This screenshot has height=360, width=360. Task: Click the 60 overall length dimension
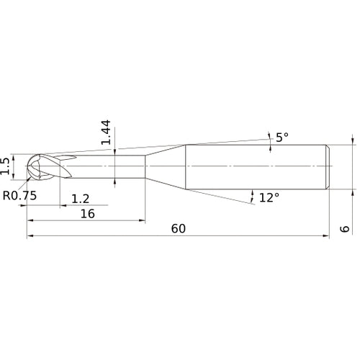click(x=179, y=228)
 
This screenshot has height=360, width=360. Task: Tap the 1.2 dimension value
click(x=81, y=197)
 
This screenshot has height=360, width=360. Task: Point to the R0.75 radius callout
click(x=19, y=195)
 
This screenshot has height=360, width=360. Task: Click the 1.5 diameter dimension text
click(x=6, y=167)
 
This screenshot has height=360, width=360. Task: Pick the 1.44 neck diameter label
click(x=105, y=133)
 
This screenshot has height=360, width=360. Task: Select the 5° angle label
click(x=282, y=136)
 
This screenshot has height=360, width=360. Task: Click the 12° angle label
click(x=269, y=197)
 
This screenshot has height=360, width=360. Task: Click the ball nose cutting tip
click(x=36, y=168)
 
